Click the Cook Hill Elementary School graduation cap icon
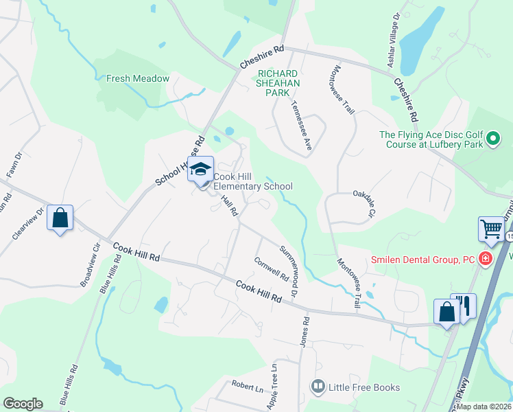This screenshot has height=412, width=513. point(201,169)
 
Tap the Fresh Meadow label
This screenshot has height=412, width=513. point(138,79)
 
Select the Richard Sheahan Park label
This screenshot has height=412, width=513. point(278,83)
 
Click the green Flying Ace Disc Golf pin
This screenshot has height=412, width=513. point(492,141)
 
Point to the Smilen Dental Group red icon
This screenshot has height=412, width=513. point(486,260)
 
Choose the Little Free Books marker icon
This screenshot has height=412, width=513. point(318,388)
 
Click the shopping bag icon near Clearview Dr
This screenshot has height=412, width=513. point(60,218)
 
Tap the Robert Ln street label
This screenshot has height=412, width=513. point(247,387)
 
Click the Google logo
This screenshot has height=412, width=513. point(23,404)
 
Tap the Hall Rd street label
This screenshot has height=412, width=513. point(229,204)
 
